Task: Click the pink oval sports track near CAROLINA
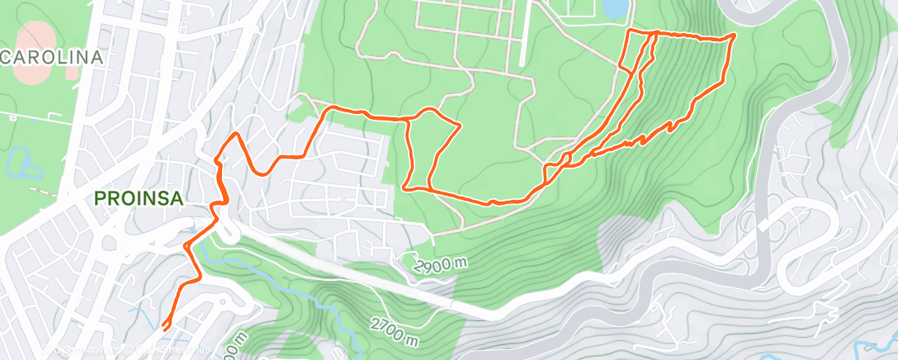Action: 36,58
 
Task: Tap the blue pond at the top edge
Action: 615,8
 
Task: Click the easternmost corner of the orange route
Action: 735,36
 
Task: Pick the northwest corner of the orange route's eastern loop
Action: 631,31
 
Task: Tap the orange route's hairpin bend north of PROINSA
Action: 237,134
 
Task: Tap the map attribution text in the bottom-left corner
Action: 83,351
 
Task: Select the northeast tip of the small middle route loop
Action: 459,125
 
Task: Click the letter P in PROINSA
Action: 100,198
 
